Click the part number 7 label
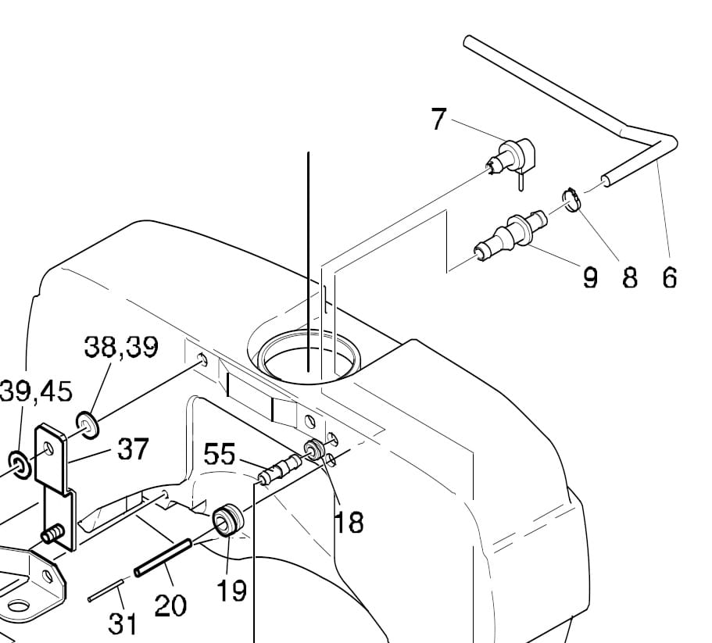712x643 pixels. point(438,120)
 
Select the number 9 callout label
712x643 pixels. point(590,277)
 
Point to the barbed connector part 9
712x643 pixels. point(512,234)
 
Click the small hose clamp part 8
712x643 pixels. point(572,199)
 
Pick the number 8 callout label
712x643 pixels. point(629,277)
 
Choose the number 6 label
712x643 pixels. point(669,277)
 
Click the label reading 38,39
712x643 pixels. point(121,347)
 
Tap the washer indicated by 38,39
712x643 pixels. point(88,424)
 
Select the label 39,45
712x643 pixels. point(33,391)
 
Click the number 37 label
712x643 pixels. point(133,449)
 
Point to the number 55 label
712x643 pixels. point(220,454)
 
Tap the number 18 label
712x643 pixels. point(349,521)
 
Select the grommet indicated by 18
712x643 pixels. point(315,450)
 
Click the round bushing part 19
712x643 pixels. point(228,519)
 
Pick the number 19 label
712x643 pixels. point(231,591)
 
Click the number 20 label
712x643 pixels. point(171,604)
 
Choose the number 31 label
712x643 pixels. point(123,623)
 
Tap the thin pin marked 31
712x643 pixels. point(105,591)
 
